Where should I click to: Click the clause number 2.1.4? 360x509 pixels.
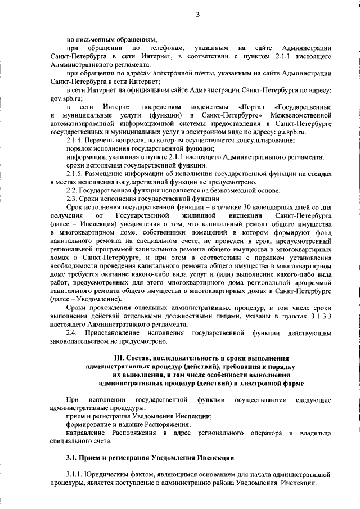point(76,139)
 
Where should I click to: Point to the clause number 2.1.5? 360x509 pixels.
point(76,174)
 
